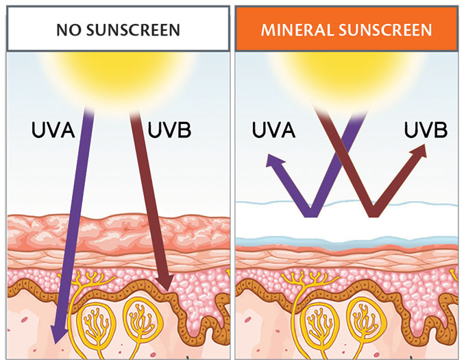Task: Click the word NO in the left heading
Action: pos(69,30)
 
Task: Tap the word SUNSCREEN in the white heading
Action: pos(133,30)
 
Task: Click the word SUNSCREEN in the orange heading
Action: pos(385,30)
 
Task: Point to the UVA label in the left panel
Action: pos(53,130)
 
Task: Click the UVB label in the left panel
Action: pos(169,130)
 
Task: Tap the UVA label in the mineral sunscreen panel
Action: pos(273,130)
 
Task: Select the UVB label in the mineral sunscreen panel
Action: pos(426,130)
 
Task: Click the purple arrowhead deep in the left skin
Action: pos(58,333)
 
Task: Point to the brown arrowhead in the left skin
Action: pos(164,283)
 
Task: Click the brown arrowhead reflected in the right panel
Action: pos(419,151)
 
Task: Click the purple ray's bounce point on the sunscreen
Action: pos(311,213)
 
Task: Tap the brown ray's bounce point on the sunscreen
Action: pos(374,213)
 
